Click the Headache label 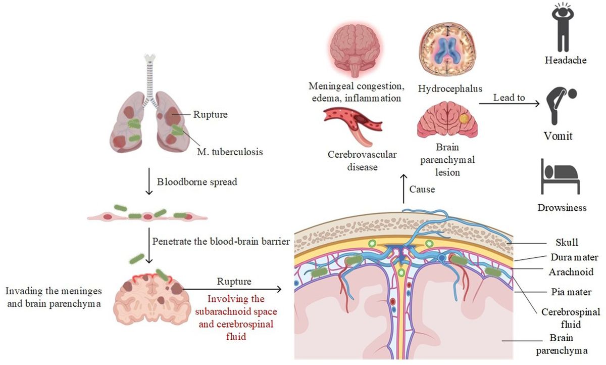pyautogui.click(x=565, y=60)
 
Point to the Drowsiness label pyautogui.click(x=565, y=207)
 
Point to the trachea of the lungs pyautogui.click(x=149, y=76)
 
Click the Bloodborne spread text pyautogui.click(x=196, y=181)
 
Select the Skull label pyautogui.click(x=565, y=243)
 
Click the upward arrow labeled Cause pyautogui.click(x=404, y=190)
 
